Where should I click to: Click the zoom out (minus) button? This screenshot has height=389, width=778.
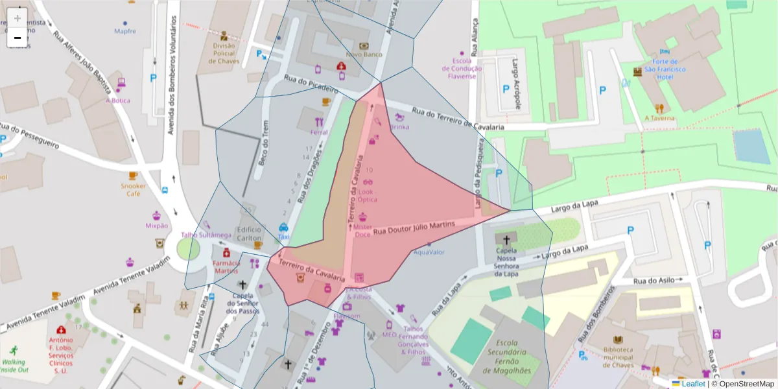point(18,38)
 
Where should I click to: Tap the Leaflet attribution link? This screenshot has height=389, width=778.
point(693,384)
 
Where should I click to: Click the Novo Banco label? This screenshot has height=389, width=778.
point(364,55)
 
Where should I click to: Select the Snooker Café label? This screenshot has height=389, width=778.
point(133,189)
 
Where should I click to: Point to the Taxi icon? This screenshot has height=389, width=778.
point(283,228)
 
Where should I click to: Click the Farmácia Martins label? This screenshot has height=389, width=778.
point(226,266)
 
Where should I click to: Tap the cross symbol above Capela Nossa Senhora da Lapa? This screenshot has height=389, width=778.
point(506,239)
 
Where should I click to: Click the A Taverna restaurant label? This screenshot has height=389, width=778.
point(659,118)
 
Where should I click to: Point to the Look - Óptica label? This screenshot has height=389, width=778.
point(367,196)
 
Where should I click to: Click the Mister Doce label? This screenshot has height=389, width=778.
point(362,231)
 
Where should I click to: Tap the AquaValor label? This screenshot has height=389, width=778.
point(429,252)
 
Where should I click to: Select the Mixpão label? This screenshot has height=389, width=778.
point(157,226)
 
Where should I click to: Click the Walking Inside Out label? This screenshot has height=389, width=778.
point(14,366)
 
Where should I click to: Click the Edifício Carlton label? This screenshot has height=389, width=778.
point(250,233)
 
